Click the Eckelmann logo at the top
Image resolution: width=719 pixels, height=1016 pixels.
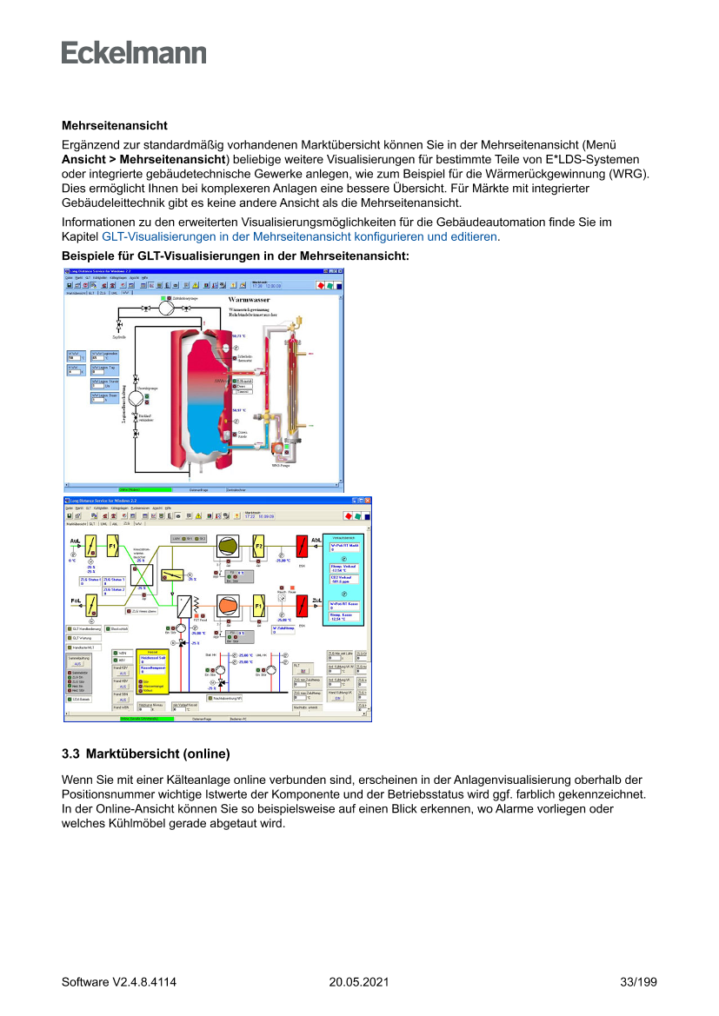point(134,52)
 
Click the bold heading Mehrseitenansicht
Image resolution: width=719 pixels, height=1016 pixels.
point(114,127)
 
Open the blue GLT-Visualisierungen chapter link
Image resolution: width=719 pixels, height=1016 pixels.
point(300,236)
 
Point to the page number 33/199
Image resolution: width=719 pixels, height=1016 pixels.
point(638,982)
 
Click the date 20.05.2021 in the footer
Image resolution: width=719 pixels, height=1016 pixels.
point(358,982)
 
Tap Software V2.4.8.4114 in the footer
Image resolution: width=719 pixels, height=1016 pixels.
point(119,982)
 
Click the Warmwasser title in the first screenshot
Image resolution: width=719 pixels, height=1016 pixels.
point(250,300)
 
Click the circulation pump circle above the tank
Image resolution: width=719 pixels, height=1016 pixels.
point(165,307)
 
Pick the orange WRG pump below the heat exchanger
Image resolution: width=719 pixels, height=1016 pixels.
point(278,448)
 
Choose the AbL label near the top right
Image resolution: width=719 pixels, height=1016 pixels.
point(316,540)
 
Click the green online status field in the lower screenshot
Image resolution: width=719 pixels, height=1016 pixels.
point(146,719)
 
